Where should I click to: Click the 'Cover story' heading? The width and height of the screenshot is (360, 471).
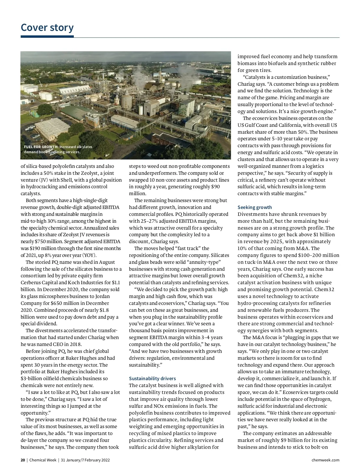coord(47,28)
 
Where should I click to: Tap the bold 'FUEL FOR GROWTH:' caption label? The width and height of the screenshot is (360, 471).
coord(41,147)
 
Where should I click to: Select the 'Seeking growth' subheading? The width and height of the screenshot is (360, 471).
coord(254,207)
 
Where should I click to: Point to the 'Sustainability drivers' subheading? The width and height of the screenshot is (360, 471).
coord(152,378)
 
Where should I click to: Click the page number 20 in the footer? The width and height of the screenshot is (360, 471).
coord(22,460)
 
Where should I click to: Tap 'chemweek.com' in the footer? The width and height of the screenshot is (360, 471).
coord(325,460)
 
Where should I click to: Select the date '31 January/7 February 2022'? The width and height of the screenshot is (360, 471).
coord(85,460)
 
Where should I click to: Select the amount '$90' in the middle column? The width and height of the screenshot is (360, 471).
coord(215,186)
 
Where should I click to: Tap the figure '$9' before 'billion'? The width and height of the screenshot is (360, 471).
coord(284,440)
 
